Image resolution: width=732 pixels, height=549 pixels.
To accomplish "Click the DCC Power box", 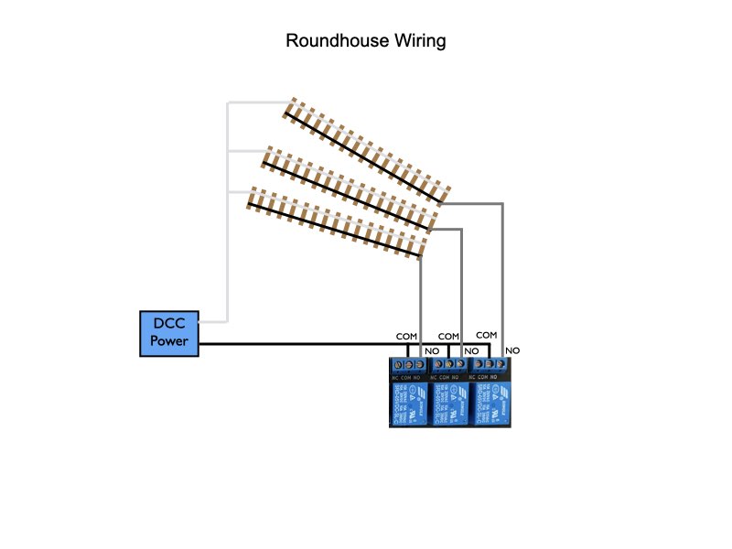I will (x=169, y=334).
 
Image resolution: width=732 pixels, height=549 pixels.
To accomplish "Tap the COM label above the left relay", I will (x=406, y=337).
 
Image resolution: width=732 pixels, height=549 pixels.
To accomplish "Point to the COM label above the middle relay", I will (x=448, y=337).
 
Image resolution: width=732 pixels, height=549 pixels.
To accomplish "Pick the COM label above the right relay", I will (x=487, y=336).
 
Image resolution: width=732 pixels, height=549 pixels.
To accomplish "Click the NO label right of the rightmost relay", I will (x=512, y=350).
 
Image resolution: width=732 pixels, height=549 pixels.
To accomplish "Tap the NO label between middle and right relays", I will (x=472, y=350).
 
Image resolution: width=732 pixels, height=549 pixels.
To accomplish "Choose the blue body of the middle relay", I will (x=449, y=403).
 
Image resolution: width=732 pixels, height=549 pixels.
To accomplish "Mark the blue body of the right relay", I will (x=490, y=403).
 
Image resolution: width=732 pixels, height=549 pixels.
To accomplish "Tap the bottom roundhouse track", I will (x=339, y=223).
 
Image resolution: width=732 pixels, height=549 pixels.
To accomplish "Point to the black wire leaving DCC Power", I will (x=293, y=345).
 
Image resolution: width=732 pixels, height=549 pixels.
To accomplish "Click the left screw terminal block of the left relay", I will (x=396, y=366).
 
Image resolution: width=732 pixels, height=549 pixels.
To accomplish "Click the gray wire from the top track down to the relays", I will (x=502, y=274).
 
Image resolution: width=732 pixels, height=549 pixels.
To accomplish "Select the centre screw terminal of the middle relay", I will (x=449, y=366).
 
